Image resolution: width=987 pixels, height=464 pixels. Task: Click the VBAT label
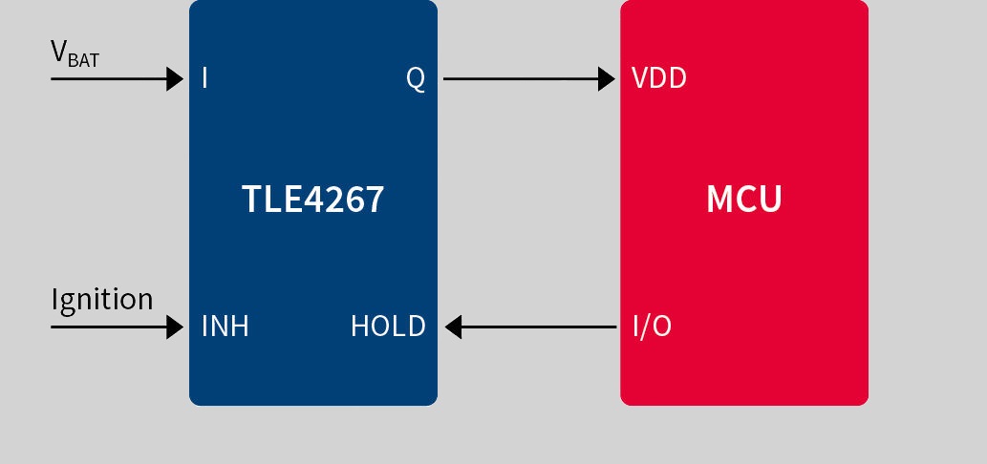click(x=75, y=53)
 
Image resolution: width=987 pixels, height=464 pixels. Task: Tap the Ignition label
click(x=102, y=299)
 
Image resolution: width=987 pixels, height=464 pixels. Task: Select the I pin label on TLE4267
click(x=204, y=78)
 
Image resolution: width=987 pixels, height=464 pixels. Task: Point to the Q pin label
click(x=416, y=78)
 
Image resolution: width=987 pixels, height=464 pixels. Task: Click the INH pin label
click(x=225, y=327)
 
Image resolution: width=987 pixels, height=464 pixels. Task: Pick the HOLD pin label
click(x=388, y=327)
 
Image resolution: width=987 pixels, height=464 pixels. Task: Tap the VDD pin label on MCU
click(x=658, y=78)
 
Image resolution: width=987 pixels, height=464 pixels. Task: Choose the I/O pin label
click(x=653, y=327)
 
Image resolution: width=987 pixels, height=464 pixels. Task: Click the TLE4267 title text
click(x=312, y=200)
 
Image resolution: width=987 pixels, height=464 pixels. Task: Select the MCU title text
click(x=744, y=200)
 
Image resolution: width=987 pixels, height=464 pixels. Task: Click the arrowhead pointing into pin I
click(x=175, y=78)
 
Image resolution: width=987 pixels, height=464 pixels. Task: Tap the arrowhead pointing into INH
click(x=175, y=327)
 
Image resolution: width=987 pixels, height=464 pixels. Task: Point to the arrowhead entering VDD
click(x=607, y=78)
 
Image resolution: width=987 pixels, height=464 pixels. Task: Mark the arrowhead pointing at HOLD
click(x=453, y=327)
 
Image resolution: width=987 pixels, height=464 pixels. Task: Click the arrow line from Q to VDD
click(x=529, y=78)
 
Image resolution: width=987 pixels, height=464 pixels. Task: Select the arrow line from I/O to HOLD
click(x=530, y=327)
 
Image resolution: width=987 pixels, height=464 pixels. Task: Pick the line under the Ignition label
click(x=118, y=327)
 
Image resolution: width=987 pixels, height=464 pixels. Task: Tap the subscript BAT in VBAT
click(x=84, y=60)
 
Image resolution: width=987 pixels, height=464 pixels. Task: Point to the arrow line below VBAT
click(x=118, y=78)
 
